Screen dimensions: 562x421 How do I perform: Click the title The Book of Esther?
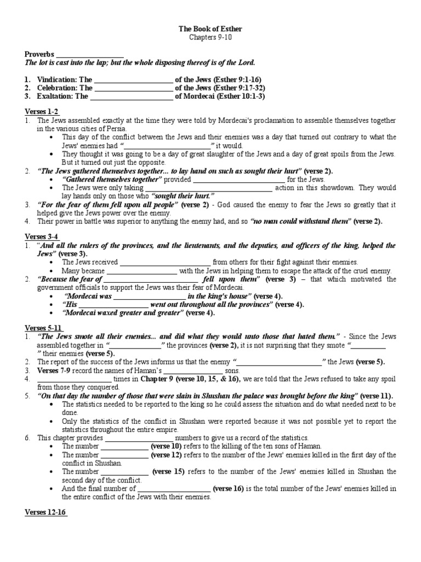click(211, 29)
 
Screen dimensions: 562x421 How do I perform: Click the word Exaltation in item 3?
click(55, 96)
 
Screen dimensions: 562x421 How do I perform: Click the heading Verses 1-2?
click(42, 111)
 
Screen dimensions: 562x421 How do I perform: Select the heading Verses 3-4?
click(42, 236)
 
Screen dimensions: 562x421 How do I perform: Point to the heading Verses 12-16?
click(45, 512)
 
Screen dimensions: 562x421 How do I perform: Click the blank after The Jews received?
click(165, 262)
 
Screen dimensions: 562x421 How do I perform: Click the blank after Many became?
click(142, 271)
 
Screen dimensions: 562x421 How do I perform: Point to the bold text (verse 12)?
click(168, 455)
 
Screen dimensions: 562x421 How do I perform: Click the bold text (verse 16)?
click(229, 488)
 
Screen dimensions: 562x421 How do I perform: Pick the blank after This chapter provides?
click(139, 438)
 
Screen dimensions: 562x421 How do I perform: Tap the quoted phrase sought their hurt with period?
click(183, 196)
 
